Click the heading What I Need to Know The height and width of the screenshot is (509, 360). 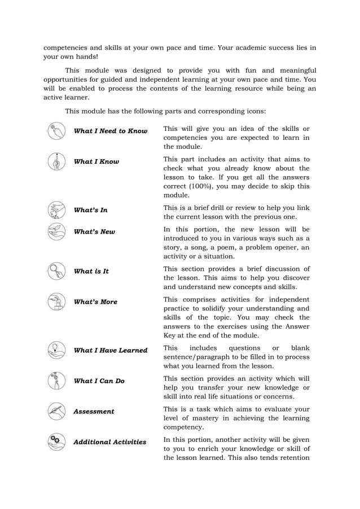(x=111, y=131)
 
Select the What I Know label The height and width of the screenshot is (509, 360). (x=96, y=161)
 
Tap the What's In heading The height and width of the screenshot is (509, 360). (x=91, y=210)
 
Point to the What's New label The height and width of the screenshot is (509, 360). (x=94, y=231)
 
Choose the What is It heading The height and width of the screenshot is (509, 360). (x=91, y=271)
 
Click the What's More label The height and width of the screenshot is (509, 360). (x=96, y=301)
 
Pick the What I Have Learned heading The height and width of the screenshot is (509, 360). (x=111, y=350)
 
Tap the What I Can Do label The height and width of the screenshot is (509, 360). (x=99, y=380)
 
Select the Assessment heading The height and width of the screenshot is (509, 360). (x=94, y=411)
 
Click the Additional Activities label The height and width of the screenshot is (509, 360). (x=110, y=442)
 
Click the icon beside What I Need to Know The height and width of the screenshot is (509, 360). (x=56, y=131)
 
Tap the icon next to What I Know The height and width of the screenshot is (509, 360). (x=56, y=161)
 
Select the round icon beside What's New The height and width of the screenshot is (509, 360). (x=56, y=231)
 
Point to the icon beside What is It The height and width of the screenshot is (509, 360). (x=56, y=271)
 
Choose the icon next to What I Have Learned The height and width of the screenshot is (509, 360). (x=56, y=350)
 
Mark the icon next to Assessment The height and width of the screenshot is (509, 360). (x=56, y=411)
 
